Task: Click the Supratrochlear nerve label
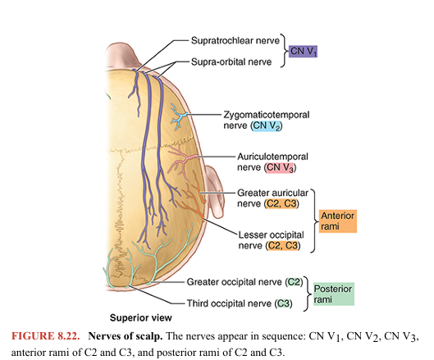pos(233,39)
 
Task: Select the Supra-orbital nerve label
pos(231,62)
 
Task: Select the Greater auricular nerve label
pos(263,196)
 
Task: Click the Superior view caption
pos(141,317)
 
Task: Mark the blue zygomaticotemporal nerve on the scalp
pos(178,116)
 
